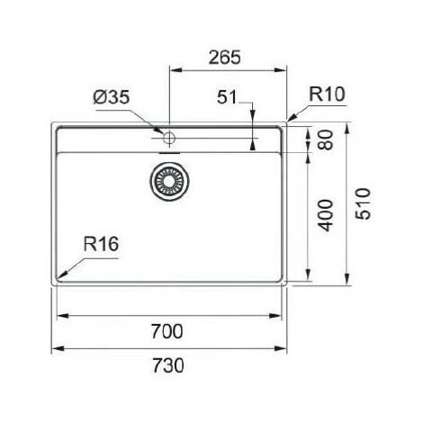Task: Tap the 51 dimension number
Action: coord(229,98)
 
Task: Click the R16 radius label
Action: coord(102,243)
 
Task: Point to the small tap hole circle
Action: coord(168,136)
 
